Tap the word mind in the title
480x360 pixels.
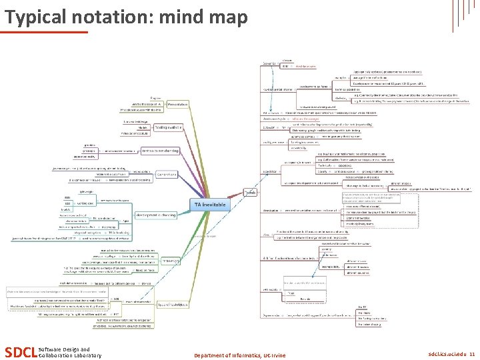point(185,16)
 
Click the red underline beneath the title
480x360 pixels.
point(45,31)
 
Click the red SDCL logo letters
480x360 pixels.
point(20,351)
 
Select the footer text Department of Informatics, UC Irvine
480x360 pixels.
point(239,355)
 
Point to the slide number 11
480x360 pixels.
point(472,355)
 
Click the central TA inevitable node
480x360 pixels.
point(209,204)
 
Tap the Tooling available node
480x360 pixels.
point(169,127)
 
